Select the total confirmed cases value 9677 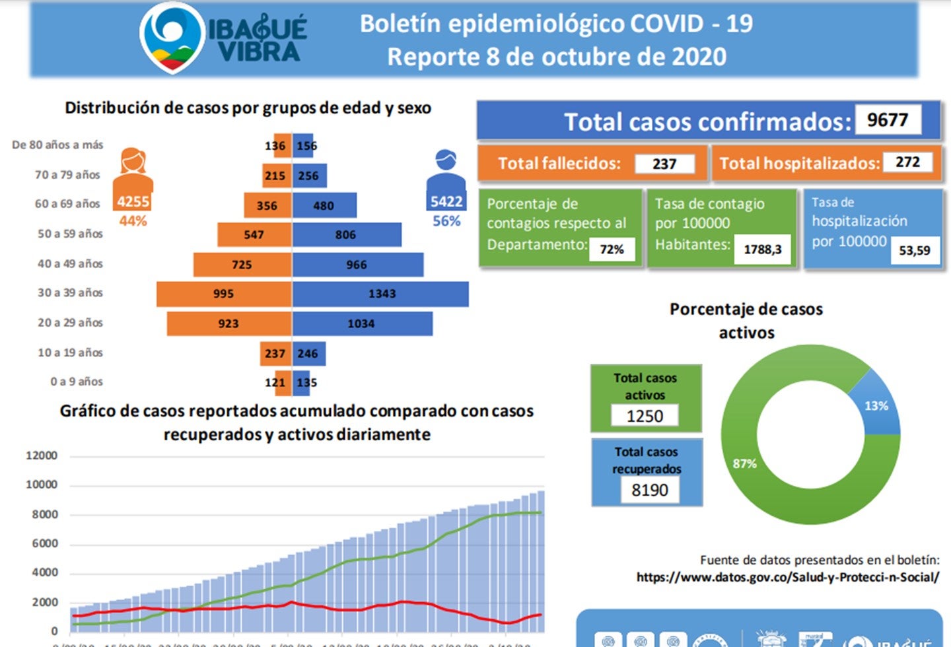pos(888,120)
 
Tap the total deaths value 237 pos(664,164)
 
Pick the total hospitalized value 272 pos(907,162)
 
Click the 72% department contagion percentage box pos(612,250)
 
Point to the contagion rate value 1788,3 pos(762,250)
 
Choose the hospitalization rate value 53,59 pos(914,251)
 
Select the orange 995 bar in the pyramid pos(224,294)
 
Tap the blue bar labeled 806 pos(346,234)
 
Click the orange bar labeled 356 pos(267,205)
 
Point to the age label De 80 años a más pos(57,145)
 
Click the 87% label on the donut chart pos(744,463)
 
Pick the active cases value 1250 pos(645,416)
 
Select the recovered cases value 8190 pos(649,490)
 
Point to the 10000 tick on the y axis pos(42,485)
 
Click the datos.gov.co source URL pos(787,577)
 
